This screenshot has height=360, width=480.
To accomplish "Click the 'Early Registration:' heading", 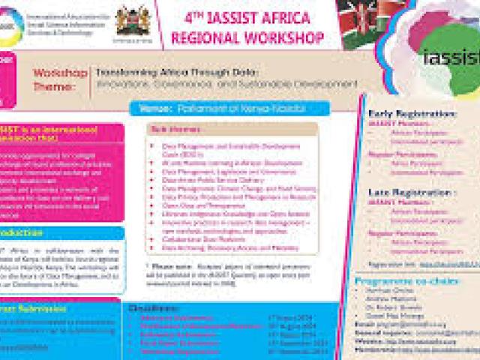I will click(412, 114).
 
